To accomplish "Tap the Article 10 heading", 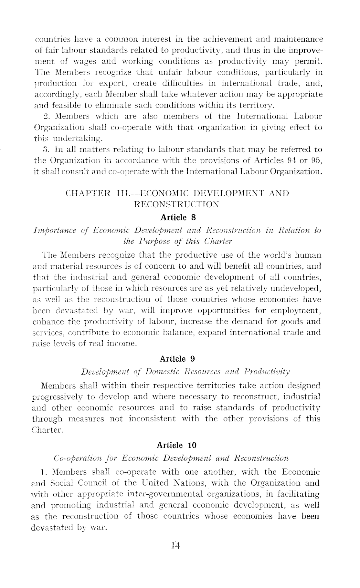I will click(176, 445).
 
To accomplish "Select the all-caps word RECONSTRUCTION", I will click(176, 204).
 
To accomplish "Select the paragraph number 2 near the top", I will click(46, 116).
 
